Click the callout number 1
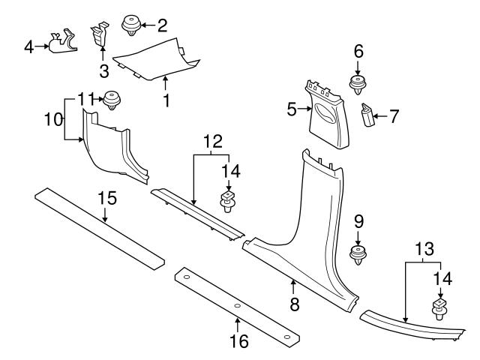167,99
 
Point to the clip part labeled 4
62,43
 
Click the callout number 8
294,304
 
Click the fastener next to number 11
113,98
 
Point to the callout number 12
213,140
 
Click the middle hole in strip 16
235,306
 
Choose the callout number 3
104,70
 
